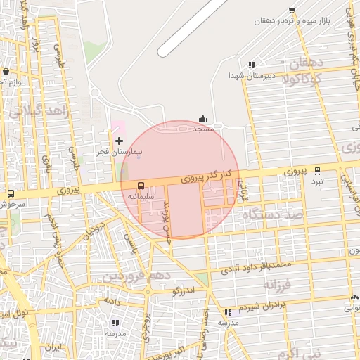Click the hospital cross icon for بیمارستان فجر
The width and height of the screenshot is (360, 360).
pyautogui.click(x=119, y=141)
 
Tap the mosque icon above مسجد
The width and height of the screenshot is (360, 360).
pyautogui.click(x=203, y=119)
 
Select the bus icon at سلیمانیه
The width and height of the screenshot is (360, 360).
pyautogui.click(x=141, y=186)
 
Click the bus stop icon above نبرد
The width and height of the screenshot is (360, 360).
pyautogui.click(x=318, y=170)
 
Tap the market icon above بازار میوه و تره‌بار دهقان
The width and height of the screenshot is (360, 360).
pyautogui.click(x=292, y=11)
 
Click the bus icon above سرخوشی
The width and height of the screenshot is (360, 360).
pyautogui.click(x=11, y=193)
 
